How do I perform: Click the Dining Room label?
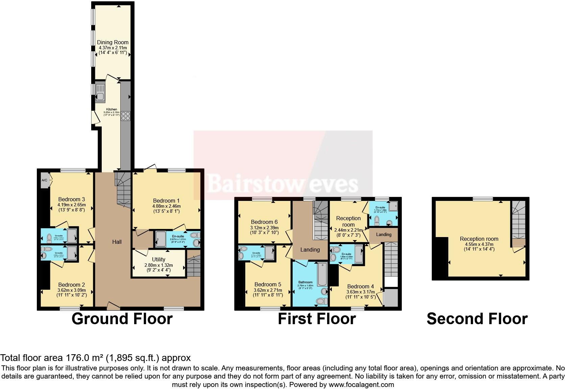coord(113,43)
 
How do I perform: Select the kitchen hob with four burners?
coord(125,116)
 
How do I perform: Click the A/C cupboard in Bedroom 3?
coord(45,180)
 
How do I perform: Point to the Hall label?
coord(117,242)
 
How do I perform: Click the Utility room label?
coord(158,259)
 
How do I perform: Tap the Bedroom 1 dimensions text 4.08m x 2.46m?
coord(167,206)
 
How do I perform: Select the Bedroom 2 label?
coord(71,285)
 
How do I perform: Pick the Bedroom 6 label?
coord(264,222)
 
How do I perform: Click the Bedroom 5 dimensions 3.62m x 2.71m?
coord(268,290)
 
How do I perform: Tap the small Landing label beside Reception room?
coord(384,234)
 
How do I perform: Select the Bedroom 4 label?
coord(360,286)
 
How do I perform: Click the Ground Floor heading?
coord(122,319)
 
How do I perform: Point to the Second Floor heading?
coord(477,319)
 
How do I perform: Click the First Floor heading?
coord(317,319)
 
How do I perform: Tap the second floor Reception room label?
coord(479,239)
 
